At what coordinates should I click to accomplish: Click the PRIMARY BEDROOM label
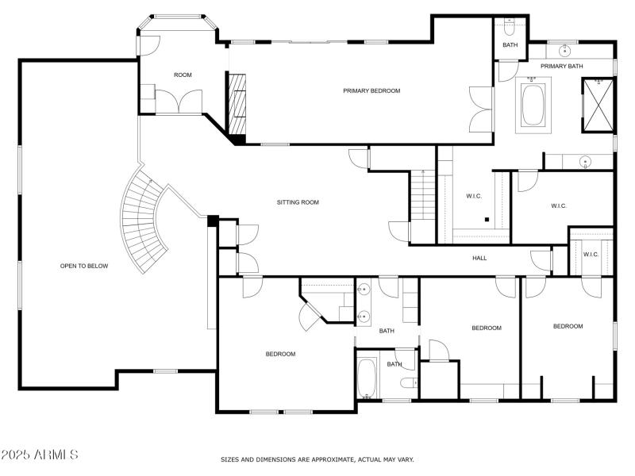371,91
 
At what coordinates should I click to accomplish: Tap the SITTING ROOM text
298,202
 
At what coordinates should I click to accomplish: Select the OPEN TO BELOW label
84,266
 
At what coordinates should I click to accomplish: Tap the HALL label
479,258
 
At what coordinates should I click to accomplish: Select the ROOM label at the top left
183,75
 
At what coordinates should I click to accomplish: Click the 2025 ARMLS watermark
40,455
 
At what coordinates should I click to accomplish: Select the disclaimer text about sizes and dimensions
317,459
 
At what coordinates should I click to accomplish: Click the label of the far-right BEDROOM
568,326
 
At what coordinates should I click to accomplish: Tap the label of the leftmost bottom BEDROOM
280,354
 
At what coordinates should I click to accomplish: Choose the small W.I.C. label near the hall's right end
591,255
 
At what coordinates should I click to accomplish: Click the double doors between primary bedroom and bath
481,109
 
